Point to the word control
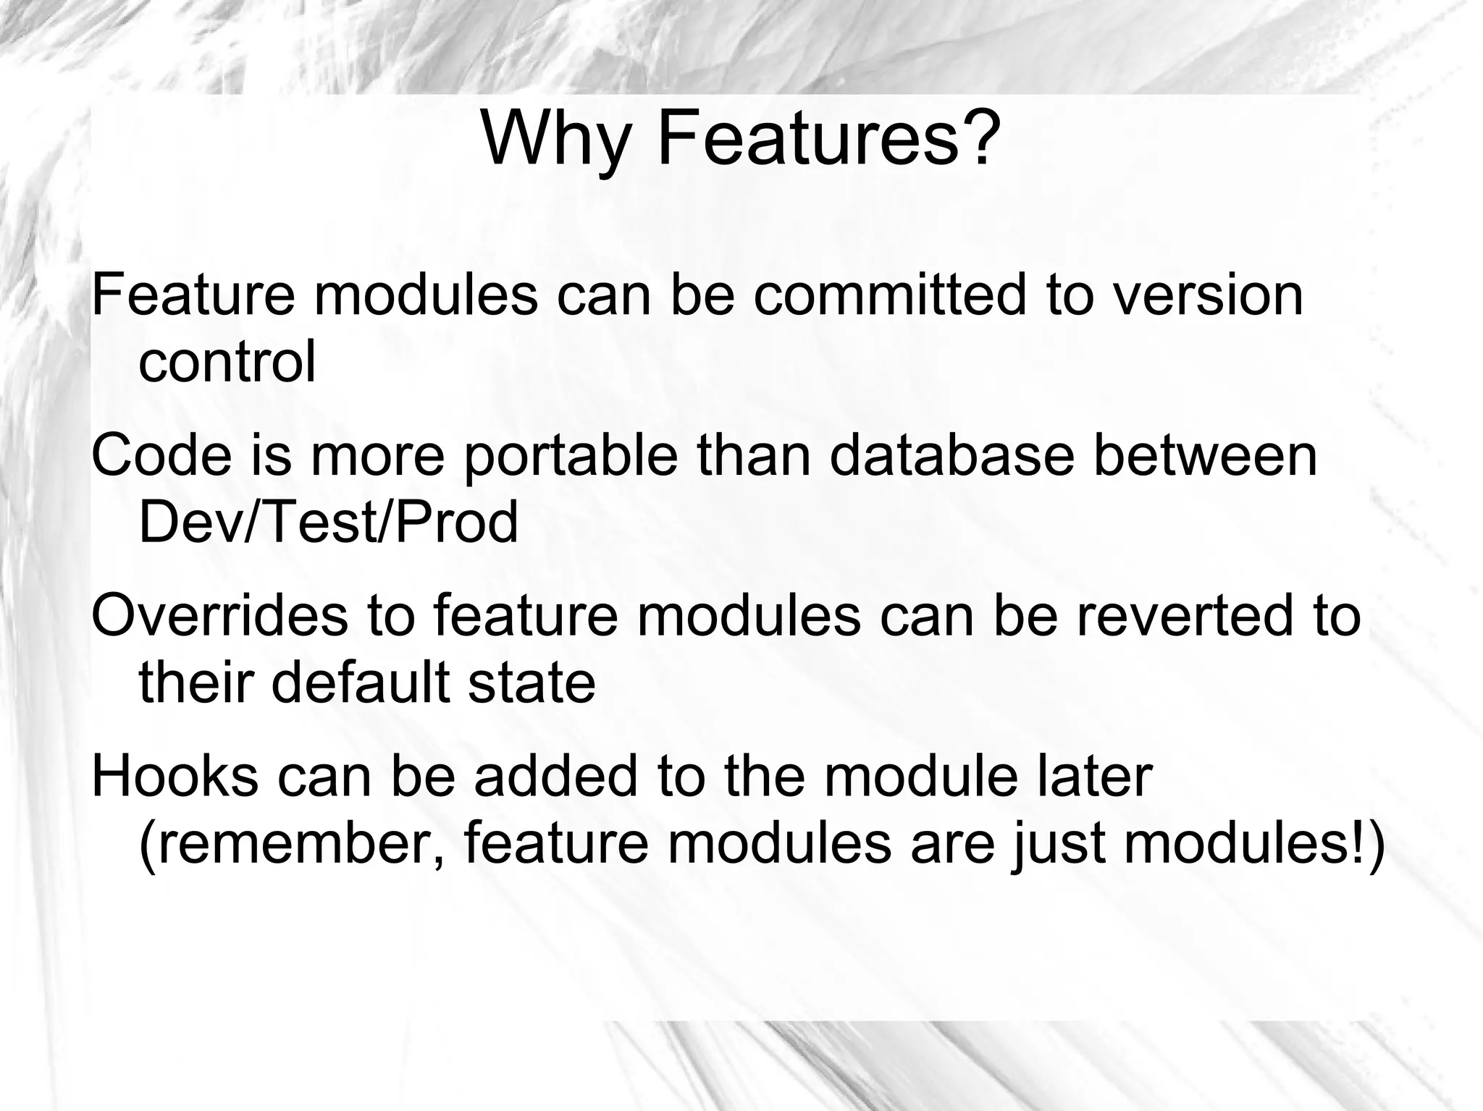pyautogui.click(x=227, y=361)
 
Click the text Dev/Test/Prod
pyautogui.click(x=328, y=522)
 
